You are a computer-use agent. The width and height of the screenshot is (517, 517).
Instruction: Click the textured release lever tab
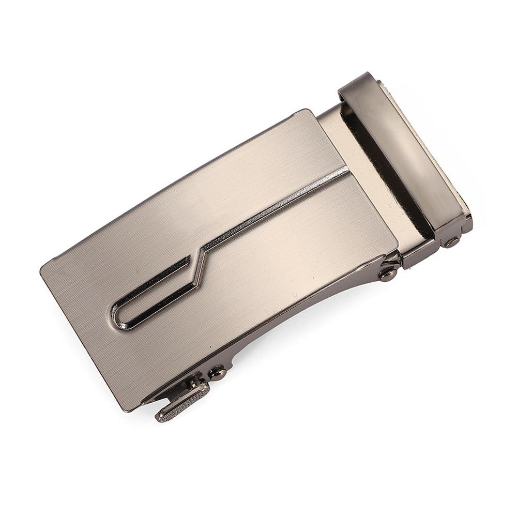tap(182, 402)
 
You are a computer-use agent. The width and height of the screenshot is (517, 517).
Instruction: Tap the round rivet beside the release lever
tap(217, 372)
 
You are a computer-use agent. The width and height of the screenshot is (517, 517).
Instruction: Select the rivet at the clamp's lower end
tap(451, 241)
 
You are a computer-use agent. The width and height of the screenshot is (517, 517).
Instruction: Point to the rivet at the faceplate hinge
tap(388, 273)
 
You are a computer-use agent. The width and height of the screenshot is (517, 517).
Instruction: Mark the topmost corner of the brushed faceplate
tap(309, 111)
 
